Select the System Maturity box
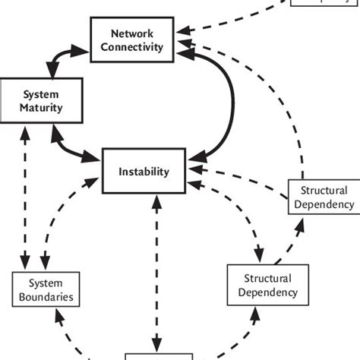coord(31,100)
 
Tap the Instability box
coord(144,172)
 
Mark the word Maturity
coord(31,107)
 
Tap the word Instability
coord(144,172)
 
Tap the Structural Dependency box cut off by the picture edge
coord(325,197)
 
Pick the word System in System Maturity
coord(31,94)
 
